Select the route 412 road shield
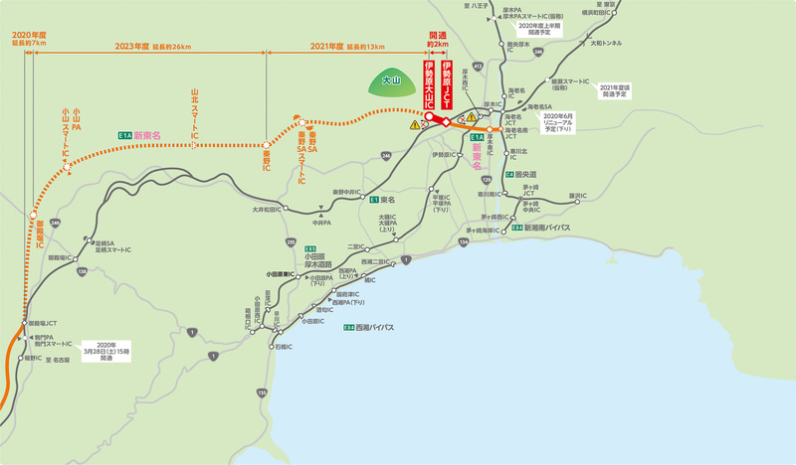478,66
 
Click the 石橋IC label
283,347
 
